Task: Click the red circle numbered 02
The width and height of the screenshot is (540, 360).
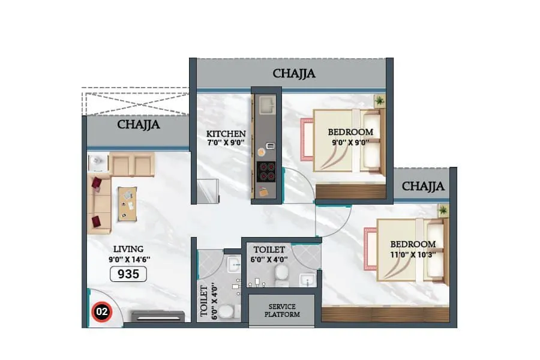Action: (101, 312)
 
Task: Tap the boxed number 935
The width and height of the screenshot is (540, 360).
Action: (128, 274)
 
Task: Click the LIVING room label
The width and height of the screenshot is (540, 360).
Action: (129, 248)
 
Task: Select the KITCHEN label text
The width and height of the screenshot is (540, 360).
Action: (226, 133)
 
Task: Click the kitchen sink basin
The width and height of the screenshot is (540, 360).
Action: (266, 107)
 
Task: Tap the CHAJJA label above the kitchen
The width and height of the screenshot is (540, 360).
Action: (294, 74)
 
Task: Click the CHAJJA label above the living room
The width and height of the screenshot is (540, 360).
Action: (139, 125)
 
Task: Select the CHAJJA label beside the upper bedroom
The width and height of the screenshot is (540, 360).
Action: (424, 186)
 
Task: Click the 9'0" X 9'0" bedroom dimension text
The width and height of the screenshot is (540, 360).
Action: (350, 143)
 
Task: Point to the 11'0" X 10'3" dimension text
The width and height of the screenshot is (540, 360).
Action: (413, 254)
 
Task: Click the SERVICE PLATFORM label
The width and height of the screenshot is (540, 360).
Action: (282, 310)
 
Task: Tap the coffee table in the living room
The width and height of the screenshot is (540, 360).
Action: (127, 200)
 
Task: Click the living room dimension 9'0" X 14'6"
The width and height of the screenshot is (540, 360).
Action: (129, 259)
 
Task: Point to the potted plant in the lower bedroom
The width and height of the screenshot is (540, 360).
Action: (443, 210)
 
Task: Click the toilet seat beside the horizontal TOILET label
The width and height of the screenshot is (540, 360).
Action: (280, 274)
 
